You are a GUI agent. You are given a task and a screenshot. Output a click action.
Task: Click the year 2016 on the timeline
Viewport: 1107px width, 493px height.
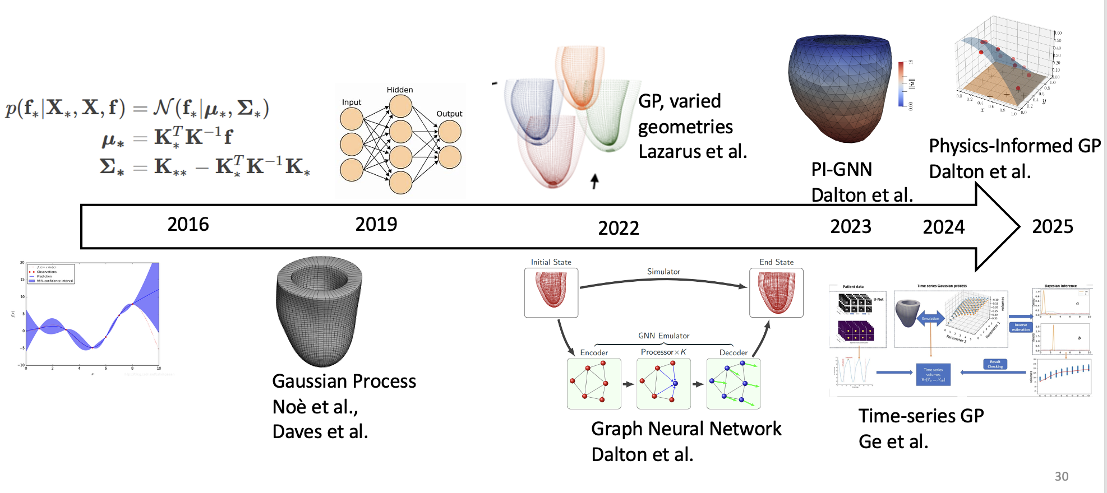(x=188, y=225)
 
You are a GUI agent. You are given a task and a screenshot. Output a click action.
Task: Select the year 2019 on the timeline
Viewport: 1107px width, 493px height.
(x=376, y=225)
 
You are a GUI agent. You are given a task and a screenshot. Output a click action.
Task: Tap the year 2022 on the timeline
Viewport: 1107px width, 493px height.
(x=618, y=228)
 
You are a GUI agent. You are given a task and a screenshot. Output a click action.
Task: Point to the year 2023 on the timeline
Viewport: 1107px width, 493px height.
(x=850, y=226)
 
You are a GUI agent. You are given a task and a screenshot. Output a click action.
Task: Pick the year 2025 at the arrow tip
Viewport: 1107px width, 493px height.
(x=1052, y=226)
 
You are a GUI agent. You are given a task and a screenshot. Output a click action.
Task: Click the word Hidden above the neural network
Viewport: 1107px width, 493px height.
(x=399, y=90)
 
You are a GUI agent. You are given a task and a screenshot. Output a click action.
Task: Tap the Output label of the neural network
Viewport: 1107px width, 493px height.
(x=449, y=114)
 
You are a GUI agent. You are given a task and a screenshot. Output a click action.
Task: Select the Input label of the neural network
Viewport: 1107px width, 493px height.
(x=352, y=103)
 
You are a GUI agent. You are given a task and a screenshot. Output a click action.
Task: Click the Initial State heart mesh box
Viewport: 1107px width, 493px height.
(x=551, y=292)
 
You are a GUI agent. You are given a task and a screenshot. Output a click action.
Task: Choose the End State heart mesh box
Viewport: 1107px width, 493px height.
(x=776, y=292)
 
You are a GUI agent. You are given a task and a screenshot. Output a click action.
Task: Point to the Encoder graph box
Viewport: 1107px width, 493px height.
(x=594, y=384)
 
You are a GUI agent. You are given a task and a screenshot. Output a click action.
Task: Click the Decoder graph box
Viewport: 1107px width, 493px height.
(x=734, y=384)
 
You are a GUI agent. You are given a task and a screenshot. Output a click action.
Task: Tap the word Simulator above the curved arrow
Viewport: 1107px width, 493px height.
(x=663, y=272)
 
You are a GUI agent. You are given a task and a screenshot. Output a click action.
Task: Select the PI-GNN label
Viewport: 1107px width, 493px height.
(x=841, y=169)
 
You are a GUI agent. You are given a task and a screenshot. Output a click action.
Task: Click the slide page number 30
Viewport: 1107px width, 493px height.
(x=1061, y=476)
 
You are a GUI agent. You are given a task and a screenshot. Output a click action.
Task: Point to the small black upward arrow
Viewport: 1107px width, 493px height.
(x=594, y=181)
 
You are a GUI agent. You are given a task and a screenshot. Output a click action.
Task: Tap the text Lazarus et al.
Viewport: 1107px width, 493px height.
(x=693, y=151)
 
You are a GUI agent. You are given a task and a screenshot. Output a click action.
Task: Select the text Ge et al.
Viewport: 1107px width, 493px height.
(x=893, y=442)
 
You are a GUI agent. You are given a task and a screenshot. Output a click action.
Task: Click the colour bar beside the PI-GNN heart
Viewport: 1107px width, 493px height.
(x=901, y=84)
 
